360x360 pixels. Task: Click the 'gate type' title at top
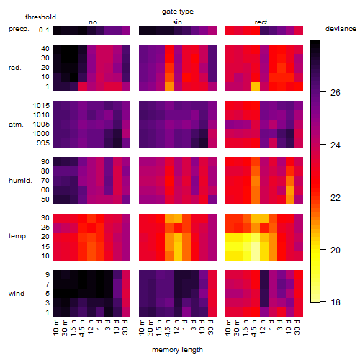178,12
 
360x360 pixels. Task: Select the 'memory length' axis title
177,350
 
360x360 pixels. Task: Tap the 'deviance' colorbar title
341,29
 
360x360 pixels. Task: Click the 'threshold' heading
40,17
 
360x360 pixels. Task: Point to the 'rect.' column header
261,22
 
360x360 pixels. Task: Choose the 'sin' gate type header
177,22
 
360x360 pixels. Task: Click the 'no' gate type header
93,22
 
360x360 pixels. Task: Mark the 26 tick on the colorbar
335,93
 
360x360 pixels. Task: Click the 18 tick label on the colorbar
336,302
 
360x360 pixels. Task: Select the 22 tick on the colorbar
335,197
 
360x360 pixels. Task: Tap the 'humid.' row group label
20,181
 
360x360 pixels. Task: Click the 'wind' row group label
17,294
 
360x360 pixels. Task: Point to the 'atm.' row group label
16,125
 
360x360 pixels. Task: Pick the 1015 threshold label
41,106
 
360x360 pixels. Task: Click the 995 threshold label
43,143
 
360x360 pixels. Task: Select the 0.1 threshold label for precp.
44,30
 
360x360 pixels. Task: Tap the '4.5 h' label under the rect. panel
254,328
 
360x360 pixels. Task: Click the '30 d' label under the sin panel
210,328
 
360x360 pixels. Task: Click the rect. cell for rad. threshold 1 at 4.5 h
256,86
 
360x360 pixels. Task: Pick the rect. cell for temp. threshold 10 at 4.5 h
256,256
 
